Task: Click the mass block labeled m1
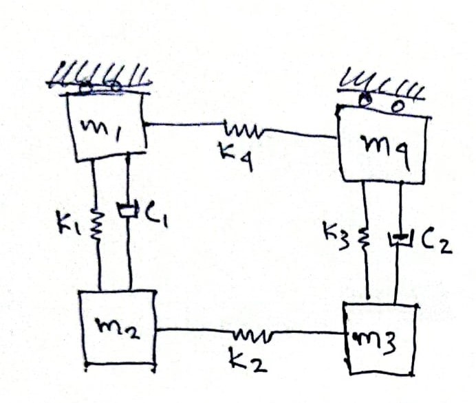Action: click(x=106, y=128)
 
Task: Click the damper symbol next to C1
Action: click(x=129, y=208)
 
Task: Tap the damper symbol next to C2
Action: click(x=400, y=239)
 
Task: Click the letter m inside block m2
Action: click(x=108, y=328)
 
